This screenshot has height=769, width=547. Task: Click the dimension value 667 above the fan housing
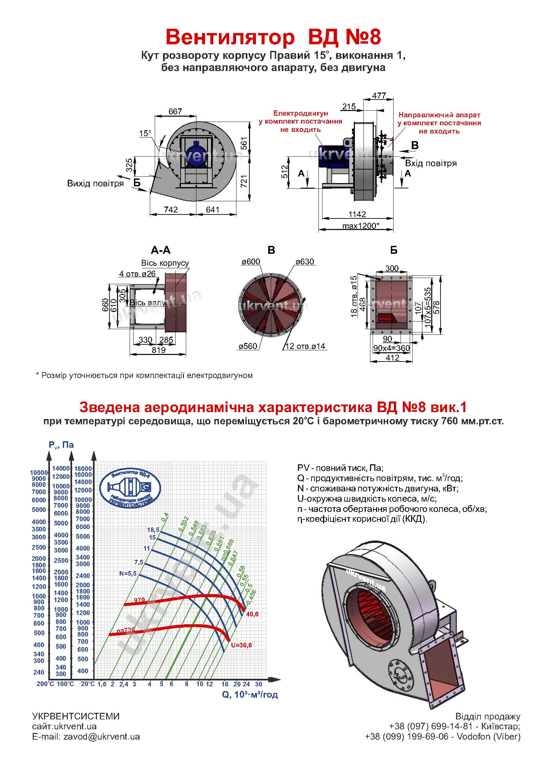[x=175, y=111]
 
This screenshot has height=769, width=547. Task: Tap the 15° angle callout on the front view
[x=145, y=133]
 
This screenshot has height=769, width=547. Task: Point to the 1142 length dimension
[x=357, y=214]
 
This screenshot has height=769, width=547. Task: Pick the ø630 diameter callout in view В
[x=305, y=261]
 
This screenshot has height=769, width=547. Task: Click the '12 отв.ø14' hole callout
[x=305, y=346]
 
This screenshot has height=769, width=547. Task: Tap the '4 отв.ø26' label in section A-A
[x=137, y=274]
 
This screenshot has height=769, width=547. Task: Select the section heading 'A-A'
[x=161, y=250]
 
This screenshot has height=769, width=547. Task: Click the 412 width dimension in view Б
[x=392, y=358]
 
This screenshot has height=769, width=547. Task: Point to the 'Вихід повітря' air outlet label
[x=95, y=183]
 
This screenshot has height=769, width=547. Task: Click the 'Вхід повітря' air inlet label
[x=431, y=164]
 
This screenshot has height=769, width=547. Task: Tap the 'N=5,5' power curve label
[x=128, y=573]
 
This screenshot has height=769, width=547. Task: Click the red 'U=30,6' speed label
[x=241, y=645]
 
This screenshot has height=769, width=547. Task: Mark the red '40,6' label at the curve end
[x=252, y=614]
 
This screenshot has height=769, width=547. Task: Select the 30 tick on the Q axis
[x=258, y=684]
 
